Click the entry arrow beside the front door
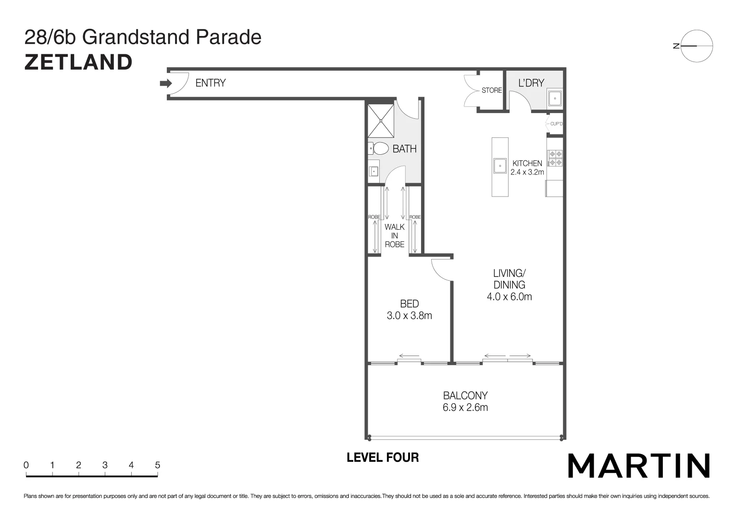[165, 84]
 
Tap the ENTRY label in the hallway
[210, 83]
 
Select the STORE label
[491, 90]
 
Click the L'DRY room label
[531, 83]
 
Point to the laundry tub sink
[555, 99]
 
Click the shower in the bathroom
[381, 121]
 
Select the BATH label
[404, 149]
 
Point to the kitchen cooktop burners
[556, 158]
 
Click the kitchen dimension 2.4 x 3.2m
[527, 172]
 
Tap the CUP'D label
[556, 124]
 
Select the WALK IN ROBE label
[394, 235]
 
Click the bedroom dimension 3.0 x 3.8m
[409, 316]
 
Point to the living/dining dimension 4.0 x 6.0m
[509, 297]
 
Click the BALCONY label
[465, 395]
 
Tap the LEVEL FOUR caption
[383, 457]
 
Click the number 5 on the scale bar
[157, 465]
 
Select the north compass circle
[697, 46]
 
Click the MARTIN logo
[639, 466]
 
